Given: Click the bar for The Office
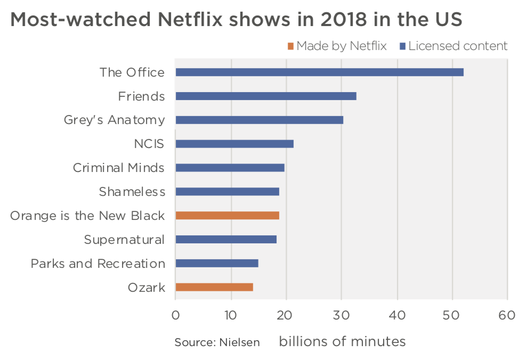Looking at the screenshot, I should coord(319,72).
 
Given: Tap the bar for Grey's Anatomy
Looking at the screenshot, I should coord(259,120).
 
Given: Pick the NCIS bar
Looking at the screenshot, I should coord(234,144).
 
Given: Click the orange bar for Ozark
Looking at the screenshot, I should coord(214,288).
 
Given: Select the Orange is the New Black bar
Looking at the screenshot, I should coord(227,216).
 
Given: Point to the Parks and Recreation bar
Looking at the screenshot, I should coord(216,264).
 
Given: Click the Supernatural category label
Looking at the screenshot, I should coord(124,240).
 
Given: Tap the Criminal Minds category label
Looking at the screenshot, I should coord(118,168).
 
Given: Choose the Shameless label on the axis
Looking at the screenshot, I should coord(132,192).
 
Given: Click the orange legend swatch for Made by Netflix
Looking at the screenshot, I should coord(290,46).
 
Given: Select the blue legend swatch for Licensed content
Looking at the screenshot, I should coord(402,46).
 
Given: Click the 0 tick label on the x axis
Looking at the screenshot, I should coord(175,315).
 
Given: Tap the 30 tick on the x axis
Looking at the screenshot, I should coord(342,315).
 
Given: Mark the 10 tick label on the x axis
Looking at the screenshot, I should coord(231,315).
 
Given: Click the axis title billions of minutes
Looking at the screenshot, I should coord(342,341).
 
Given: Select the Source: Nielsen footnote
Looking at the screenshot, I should coord(217,342).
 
